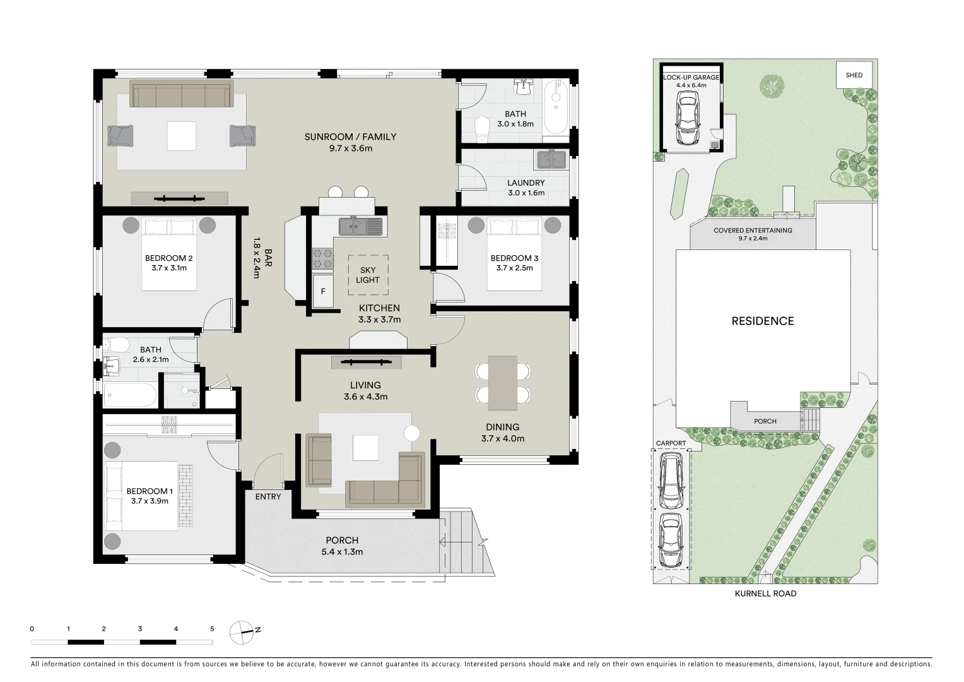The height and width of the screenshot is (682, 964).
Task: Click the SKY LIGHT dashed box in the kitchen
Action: point(368,275)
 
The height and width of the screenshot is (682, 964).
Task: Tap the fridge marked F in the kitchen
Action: point(323,291)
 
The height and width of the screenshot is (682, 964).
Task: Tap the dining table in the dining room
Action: point(503,381)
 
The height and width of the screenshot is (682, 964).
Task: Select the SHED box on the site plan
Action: point(854,75)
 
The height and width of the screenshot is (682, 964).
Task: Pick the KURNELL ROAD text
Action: point(765,594)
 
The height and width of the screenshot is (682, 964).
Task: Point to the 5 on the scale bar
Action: point(212,629)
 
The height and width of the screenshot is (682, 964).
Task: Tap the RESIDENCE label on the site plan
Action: point(762,321)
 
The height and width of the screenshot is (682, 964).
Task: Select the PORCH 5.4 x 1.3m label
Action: point(342,546)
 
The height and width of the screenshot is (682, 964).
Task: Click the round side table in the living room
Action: point(412,433)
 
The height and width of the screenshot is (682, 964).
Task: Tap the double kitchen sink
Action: point(360,225)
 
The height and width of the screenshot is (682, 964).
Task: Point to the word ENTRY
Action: point(268,497)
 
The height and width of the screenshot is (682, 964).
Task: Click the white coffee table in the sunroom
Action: point(182,135)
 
